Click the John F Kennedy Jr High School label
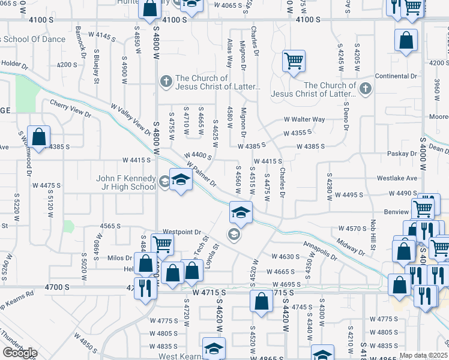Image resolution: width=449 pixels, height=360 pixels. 125,182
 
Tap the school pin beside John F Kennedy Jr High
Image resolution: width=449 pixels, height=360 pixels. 181,180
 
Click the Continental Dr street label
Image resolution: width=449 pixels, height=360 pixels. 396,76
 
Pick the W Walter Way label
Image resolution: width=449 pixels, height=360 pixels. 304,119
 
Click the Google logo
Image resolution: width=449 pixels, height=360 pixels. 20,353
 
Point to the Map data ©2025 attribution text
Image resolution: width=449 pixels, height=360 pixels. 424,355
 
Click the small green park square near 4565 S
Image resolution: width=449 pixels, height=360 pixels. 68,227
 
